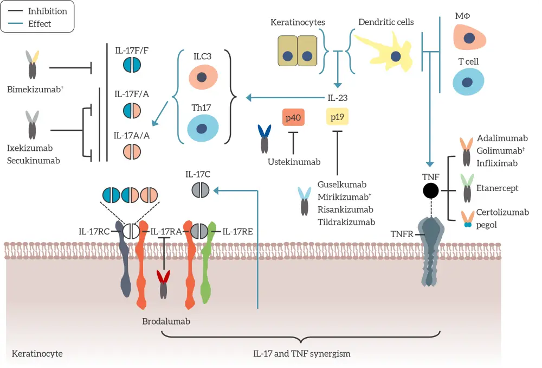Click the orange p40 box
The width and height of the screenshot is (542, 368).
293,118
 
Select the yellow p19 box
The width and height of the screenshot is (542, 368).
337,118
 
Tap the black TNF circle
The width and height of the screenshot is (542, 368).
431,191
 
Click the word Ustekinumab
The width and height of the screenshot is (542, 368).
294,162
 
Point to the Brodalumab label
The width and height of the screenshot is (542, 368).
166,321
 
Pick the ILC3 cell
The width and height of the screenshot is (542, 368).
203,77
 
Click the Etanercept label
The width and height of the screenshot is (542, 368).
498,188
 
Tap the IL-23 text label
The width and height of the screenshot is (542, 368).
337,98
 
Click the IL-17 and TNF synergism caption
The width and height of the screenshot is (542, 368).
302,353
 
